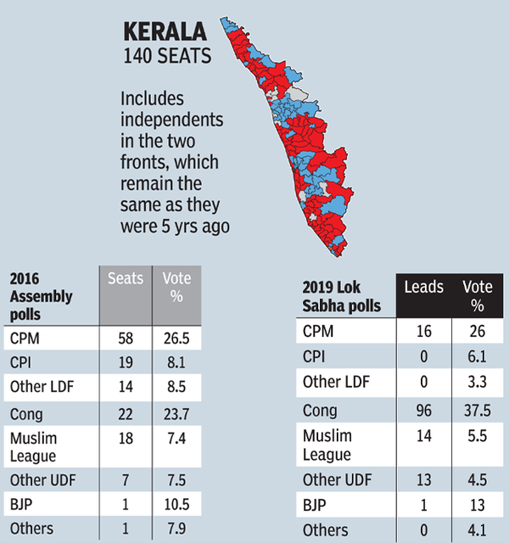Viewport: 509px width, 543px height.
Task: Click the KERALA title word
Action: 165,33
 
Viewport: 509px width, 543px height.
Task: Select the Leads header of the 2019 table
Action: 423,288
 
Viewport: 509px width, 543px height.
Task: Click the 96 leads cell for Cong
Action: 422,411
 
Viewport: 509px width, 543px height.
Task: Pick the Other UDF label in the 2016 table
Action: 42,480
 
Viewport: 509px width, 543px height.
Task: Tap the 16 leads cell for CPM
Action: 422,332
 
